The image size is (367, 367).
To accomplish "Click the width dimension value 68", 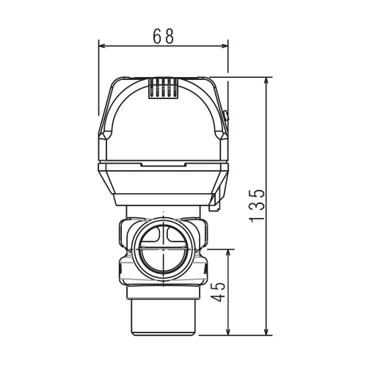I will [x=163, y=36].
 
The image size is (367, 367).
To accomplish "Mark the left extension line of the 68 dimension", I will [x=98, y=81].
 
